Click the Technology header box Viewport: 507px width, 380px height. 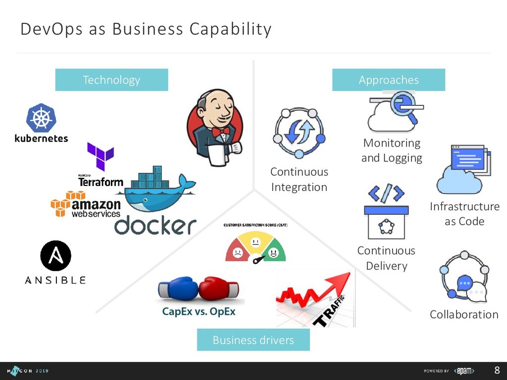111,80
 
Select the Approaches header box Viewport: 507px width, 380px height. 389,80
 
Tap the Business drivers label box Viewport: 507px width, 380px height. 253,340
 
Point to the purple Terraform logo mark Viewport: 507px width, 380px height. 101,156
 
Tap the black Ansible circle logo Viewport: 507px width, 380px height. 55,256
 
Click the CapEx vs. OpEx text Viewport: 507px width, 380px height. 199,312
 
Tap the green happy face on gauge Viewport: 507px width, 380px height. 273,253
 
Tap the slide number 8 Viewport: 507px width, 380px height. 497,371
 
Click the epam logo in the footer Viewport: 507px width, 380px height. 465,371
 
